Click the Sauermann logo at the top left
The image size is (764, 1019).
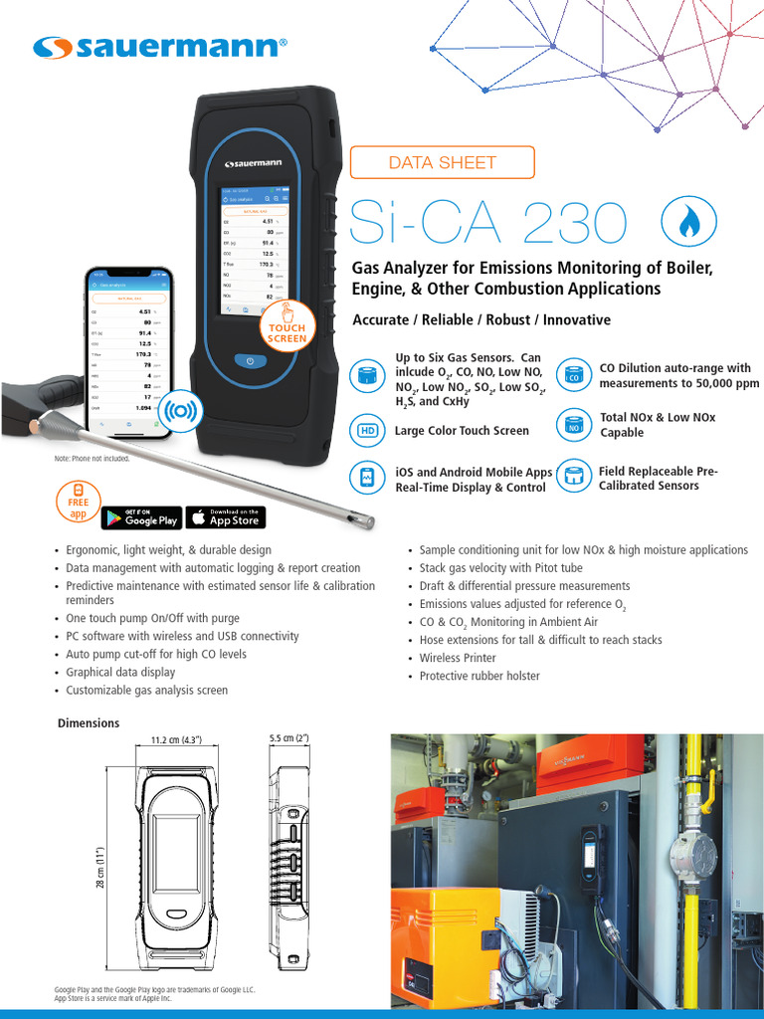click(159, 47)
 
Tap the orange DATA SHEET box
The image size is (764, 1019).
click(442, 162)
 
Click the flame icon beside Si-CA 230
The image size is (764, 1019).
click(687, 223)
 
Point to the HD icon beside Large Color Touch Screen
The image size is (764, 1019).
click(368, 431)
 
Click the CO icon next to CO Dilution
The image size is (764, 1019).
click(574, 376)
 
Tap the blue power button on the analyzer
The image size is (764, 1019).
click(249, 360)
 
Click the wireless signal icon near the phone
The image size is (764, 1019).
click(181, 409)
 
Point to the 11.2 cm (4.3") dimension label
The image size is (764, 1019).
click(176, 739)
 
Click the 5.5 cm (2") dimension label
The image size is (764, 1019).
click(289, 738)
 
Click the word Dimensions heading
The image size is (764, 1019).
click(89, 723)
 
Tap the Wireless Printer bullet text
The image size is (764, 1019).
click(458, 658)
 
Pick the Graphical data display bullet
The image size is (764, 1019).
click(120, 672)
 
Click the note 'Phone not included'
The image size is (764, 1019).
click(92, 459)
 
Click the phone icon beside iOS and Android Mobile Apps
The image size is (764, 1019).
click(367, 478)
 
